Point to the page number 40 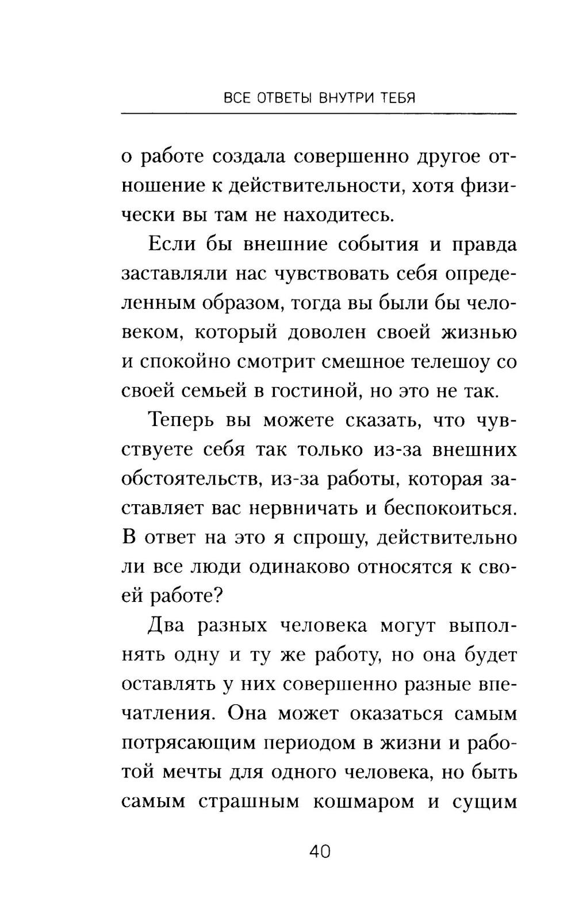(320, 851)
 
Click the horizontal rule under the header (319, 114)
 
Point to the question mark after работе (217, 596)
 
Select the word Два (166, 625)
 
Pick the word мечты (189, 772)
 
